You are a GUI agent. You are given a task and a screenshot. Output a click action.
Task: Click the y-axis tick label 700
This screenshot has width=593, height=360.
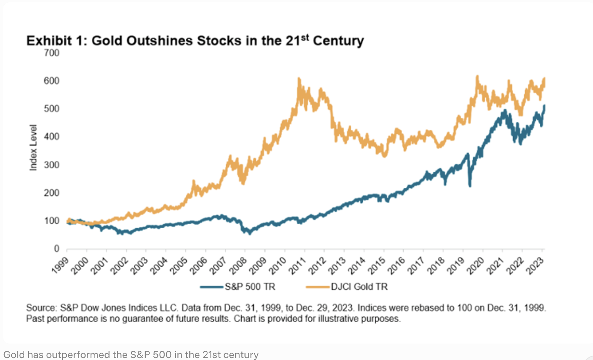(52, 53)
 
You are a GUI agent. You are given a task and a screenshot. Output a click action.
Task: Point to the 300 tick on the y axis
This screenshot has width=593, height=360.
(52, 165)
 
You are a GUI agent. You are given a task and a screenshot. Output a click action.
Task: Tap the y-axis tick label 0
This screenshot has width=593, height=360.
(56, 249)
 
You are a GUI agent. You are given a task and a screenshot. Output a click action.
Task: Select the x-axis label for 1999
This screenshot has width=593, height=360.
(61, 266)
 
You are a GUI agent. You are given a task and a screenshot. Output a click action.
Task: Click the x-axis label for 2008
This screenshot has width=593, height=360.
(239, 266)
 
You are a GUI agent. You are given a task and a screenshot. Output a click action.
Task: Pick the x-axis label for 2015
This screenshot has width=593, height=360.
(377, 266)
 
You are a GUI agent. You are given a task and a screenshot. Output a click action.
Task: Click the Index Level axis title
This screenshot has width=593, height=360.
(34, 148)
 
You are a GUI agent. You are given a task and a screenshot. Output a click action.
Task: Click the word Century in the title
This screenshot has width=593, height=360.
(338, 41)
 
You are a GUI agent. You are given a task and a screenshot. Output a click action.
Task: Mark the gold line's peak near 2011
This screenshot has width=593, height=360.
(299, 79)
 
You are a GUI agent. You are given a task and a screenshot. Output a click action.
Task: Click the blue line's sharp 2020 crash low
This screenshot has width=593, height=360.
(470, 186)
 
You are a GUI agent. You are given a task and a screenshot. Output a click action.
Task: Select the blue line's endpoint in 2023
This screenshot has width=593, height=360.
(544, 106)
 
